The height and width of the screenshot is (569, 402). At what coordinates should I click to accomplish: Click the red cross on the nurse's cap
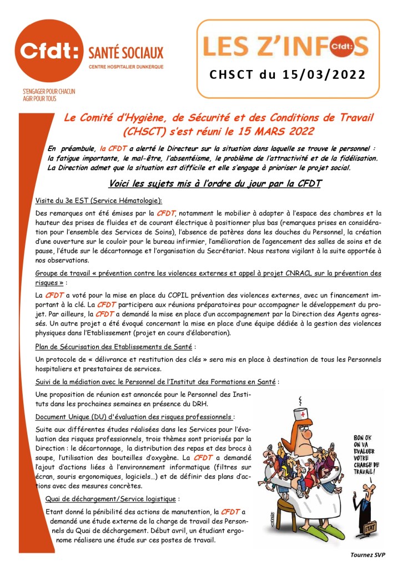coord(302,415)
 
